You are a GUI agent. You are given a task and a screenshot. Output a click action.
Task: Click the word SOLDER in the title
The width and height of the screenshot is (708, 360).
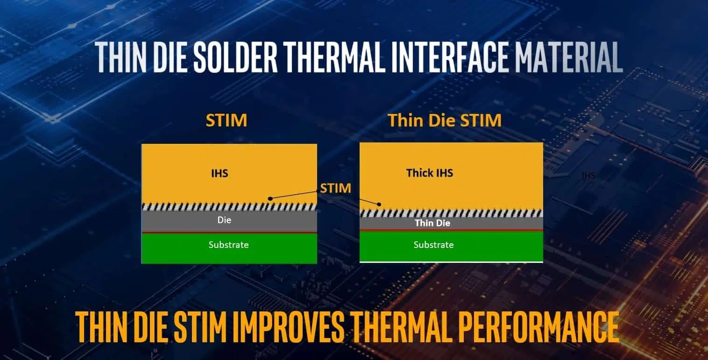tap(235, 57)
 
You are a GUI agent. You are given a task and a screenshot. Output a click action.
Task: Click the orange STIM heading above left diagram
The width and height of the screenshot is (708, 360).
tap(227, 120)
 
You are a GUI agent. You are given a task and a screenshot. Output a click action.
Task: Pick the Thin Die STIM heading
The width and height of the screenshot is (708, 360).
tap(445, 120)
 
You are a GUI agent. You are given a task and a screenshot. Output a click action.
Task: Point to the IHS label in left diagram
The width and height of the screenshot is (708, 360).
tap(219, 173)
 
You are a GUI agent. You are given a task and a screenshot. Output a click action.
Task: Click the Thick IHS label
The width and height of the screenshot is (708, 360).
tap(430, 173)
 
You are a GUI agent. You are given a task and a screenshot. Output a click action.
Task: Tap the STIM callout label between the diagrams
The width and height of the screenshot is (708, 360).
tap(335, 188)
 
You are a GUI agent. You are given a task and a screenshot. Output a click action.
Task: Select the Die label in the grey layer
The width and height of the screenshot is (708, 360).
tap(224, 220)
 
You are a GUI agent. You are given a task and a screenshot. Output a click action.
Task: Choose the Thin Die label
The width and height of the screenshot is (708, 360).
tap(432, 223)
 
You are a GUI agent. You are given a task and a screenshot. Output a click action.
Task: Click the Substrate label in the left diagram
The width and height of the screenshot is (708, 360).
tap(228, 245)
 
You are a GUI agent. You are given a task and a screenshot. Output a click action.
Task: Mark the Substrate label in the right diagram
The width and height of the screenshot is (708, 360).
tap(434, 245)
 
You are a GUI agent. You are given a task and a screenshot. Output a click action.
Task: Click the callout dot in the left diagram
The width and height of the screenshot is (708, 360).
tap(270, 198)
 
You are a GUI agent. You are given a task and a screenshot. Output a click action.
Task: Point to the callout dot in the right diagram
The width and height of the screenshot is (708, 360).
tap(379, 205)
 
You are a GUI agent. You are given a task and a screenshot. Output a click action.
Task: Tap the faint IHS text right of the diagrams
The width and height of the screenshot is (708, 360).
tap(588, 175)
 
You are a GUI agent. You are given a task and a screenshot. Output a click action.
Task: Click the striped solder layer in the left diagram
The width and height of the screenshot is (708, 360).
tap(229, 207)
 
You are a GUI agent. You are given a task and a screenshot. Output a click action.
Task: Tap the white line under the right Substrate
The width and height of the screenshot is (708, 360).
tap(451, 262)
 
